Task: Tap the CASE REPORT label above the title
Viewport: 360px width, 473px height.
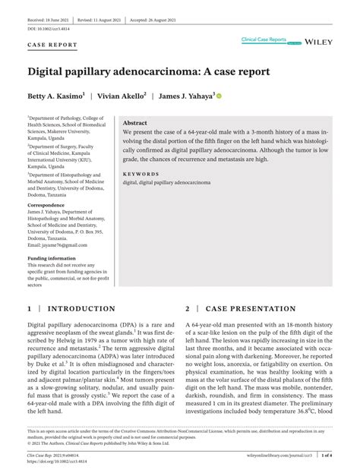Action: [x=52, y=45]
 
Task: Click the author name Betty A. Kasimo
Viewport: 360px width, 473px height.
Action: [x=57, y=96]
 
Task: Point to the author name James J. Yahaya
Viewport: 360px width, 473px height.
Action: [x=185, y=96]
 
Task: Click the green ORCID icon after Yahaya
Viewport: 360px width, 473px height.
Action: [x=219, y=96]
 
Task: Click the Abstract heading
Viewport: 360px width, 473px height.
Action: [x=135, y=122]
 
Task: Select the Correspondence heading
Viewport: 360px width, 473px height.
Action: [x=51, y=206]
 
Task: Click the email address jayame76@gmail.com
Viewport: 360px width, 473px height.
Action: [x=57, y=245]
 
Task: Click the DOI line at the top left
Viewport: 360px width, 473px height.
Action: [x=52, y=28]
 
